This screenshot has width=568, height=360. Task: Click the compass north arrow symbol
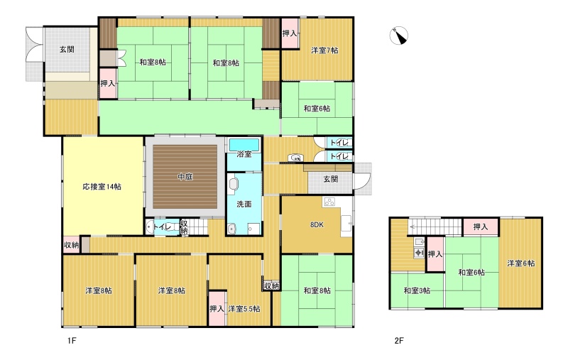[x=399, y=36]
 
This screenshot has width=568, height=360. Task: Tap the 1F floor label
[x=72, y=340]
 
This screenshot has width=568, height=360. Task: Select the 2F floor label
[x=399, y=340]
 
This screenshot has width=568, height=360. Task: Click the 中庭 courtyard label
[x=185, y=177]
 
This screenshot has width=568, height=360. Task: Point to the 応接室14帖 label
[x=102, y=187]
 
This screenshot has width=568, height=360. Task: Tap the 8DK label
[x=317, y=224]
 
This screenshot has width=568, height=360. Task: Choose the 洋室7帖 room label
[x=324, y=50]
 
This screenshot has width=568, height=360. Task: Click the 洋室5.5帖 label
[x=244, y=309]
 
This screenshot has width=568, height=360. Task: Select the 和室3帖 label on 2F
[x=417, y=290]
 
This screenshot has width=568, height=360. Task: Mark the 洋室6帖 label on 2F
[x=521, y=263]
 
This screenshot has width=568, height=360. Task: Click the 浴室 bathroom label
[x=244, y=154]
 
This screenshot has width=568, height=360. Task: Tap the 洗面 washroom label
[x=244, y=204]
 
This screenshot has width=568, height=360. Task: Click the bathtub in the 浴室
[x=244, y=145]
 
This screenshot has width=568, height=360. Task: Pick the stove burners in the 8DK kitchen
[x=329, y=202]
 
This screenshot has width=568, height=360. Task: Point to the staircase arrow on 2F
[x=435, y=228]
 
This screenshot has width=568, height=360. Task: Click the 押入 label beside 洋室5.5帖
[x=217, y=309]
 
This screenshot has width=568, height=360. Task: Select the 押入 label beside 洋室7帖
[x=290, y=33]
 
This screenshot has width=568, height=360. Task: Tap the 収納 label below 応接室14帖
[x=72, y=245]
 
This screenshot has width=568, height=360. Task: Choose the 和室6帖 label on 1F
[x=317, y=109]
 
